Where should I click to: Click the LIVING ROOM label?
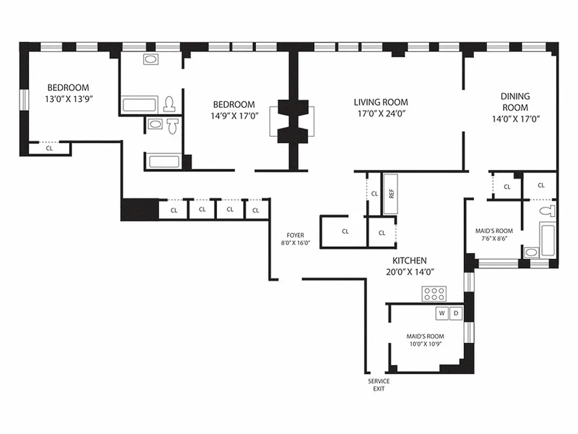click(381, 102)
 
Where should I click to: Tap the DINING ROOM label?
click(515, 102)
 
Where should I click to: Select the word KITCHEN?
click(409, 260)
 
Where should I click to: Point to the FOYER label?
click(295, 235)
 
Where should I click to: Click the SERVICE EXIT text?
click(379, 385)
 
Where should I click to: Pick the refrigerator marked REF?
click(391, 194)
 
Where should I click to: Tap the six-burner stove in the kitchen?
click(434, 295)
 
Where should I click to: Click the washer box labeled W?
click(442, 314)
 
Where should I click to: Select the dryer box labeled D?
click(456, 314)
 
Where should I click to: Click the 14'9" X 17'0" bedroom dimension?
click(233, 116)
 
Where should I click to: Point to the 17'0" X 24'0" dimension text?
click(381, 113)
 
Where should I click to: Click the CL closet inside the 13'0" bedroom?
click(49, 148)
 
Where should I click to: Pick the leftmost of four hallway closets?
click(174, 209)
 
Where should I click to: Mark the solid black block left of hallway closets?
click(139, 209)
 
